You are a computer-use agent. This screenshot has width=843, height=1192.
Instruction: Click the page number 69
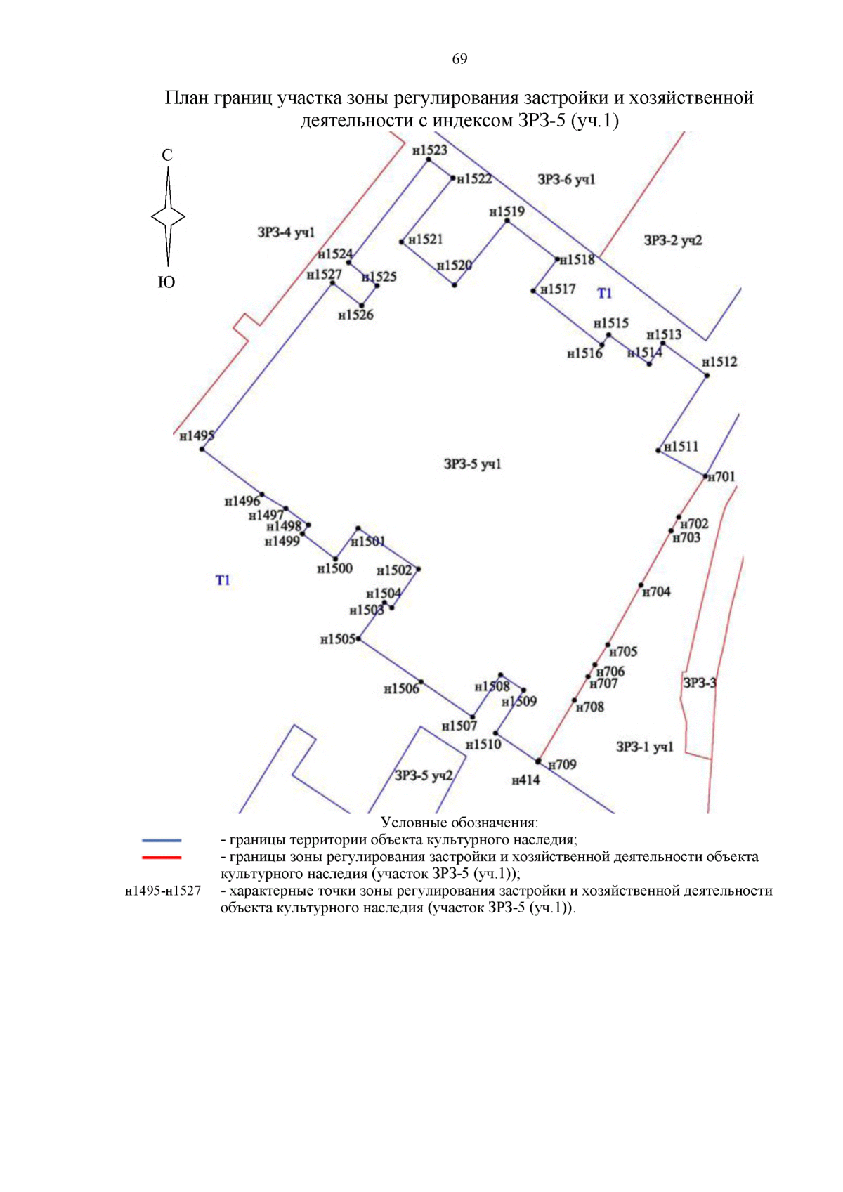(x=459, y=59)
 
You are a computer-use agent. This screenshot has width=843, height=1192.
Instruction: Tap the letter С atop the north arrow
(x=167, y=155)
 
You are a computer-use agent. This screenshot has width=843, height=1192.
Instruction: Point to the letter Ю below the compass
(x=166, y=282)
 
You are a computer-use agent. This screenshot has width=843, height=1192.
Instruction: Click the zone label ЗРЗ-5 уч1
(x=472, y=464)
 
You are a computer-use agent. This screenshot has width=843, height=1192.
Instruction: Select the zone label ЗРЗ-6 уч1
(x=566, y=180)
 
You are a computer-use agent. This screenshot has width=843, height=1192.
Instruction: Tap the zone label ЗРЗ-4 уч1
(x=286, y=232)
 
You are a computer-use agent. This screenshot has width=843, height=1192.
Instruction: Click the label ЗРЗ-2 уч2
(x=673, y=241)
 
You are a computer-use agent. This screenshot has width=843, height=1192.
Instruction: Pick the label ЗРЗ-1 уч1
(x=644, y=747)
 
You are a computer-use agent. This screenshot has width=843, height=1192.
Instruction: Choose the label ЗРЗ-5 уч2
(x=424, y=775)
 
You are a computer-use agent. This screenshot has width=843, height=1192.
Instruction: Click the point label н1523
(x=429, y=150)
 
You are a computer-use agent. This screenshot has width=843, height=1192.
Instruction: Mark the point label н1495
(x=196, y=436)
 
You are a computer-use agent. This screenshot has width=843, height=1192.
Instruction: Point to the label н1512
(x=719, y=362)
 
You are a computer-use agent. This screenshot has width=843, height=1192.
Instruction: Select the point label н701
(x=721, y=477)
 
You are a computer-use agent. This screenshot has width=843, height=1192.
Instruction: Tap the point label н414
(x=525, y=780)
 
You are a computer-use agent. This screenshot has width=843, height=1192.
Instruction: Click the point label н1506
(x=401, y=689)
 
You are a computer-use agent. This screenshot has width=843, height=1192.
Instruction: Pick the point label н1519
(x=507, y=212)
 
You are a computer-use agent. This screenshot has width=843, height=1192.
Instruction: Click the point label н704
(x=657, y=592)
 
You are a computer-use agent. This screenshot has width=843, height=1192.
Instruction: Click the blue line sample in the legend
(x=162, y=840)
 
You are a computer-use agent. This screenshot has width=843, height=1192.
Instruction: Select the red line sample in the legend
(x=162, y=857)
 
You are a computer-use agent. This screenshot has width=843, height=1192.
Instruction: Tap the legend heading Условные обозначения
(x=459, y=823)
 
